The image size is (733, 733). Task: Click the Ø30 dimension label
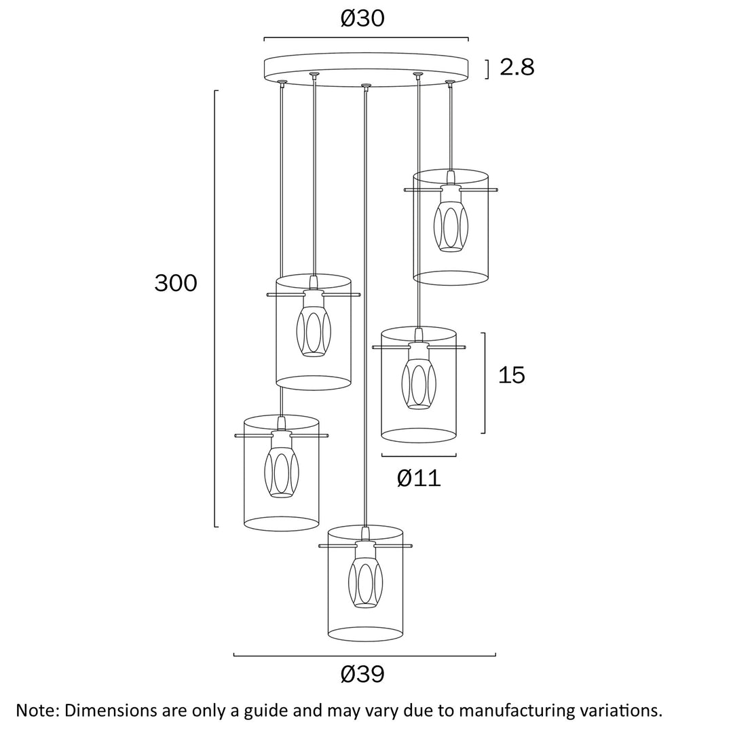(x=362, y=18)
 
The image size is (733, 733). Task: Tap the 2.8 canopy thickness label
(x=517, y=67)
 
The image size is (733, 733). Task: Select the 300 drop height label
(x=176, y=282)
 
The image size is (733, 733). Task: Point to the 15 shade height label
(x=512, y=375)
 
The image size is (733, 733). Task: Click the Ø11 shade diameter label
(x=419, y=478)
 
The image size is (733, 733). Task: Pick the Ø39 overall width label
(x=362, y=674)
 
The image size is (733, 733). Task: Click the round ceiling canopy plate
(x=366, y=68)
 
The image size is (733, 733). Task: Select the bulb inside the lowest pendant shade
(x=366, y=582)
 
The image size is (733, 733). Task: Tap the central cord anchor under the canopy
(x=366, y=86)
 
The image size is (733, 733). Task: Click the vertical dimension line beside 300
(x=216, y=308)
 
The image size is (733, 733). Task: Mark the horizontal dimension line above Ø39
(x=364, y=655)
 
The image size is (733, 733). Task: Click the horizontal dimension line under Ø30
(x=366, y=38)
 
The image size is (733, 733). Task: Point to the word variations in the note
(x=619, y=711)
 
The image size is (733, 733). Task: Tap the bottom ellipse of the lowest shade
(x=366, y=635)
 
